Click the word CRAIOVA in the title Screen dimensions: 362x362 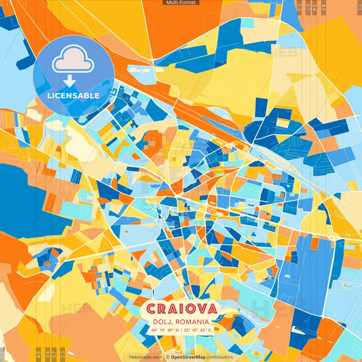tap(180, 310)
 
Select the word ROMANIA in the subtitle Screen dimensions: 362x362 tap(192, 321)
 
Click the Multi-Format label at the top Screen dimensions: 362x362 tap(181, 3)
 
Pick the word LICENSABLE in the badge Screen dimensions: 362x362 tap(73, 96)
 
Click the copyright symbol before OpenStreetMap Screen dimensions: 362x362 tap(167, 357)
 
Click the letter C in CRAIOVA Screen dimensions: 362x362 tap(149, 310)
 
